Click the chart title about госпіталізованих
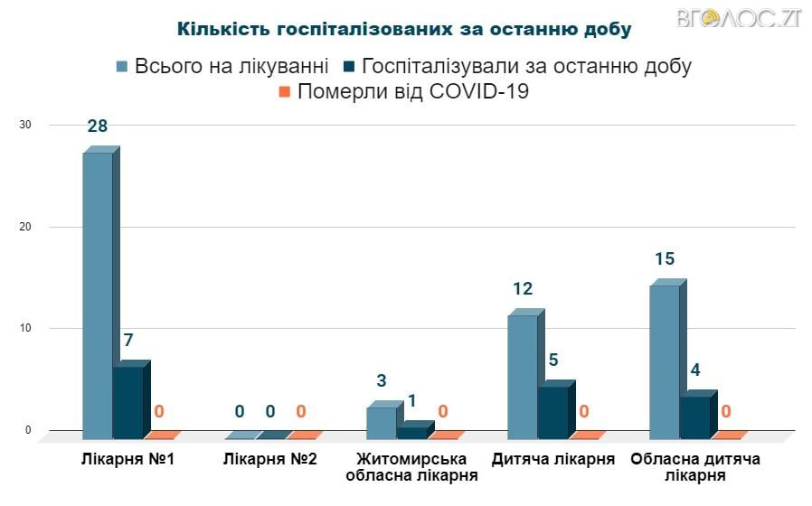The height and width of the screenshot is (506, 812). point(404,28)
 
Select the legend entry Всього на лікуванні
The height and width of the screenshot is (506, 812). point(222,66)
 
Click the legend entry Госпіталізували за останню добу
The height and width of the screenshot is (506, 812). point(516,66)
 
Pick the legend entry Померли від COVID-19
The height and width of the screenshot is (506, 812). point(403,91)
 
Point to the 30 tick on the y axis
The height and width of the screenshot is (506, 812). point(25,125)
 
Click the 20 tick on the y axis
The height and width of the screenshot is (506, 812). point(25,227)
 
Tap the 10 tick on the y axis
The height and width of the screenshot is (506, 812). point(25,328)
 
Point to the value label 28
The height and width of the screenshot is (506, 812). point(98,126)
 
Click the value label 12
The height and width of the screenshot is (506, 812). point(523,289)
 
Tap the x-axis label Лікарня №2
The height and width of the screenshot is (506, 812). point(270,459)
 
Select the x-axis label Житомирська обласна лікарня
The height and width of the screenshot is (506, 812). point(411,467)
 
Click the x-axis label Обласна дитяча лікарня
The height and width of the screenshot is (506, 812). point(695,467)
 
